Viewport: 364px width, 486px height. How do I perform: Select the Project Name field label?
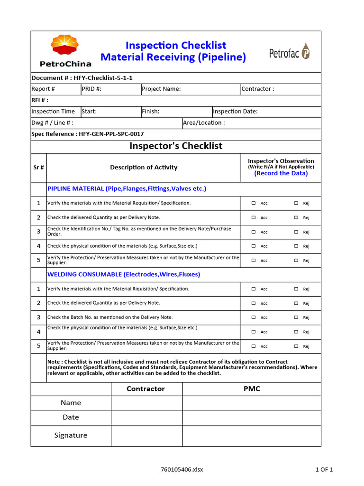click(162, 89)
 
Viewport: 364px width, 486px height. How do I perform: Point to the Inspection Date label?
click(236, 112)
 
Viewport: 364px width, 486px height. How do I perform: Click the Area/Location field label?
click(204, 123)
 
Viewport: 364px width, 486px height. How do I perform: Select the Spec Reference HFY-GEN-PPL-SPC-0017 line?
click(88, 134)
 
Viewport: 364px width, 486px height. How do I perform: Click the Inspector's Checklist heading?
click(176, 146)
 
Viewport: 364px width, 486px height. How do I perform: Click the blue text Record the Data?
click(281, 173)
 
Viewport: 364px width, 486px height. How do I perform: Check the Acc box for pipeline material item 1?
click(254, 203)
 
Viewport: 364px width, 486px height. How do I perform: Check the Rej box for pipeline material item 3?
click(296, 232)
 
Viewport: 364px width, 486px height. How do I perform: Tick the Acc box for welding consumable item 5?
click(254, 346)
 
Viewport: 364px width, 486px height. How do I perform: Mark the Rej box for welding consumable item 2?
click(296, 303)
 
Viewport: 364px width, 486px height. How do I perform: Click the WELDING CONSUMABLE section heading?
click(124, 274)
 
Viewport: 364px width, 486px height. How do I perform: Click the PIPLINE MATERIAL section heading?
click(127, 189)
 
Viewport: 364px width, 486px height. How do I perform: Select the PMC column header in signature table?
click(252, 389)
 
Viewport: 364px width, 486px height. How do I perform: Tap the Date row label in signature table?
click(71, 418)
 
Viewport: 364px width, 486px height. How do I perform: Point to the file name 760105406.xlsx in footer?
click(182, 470)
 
